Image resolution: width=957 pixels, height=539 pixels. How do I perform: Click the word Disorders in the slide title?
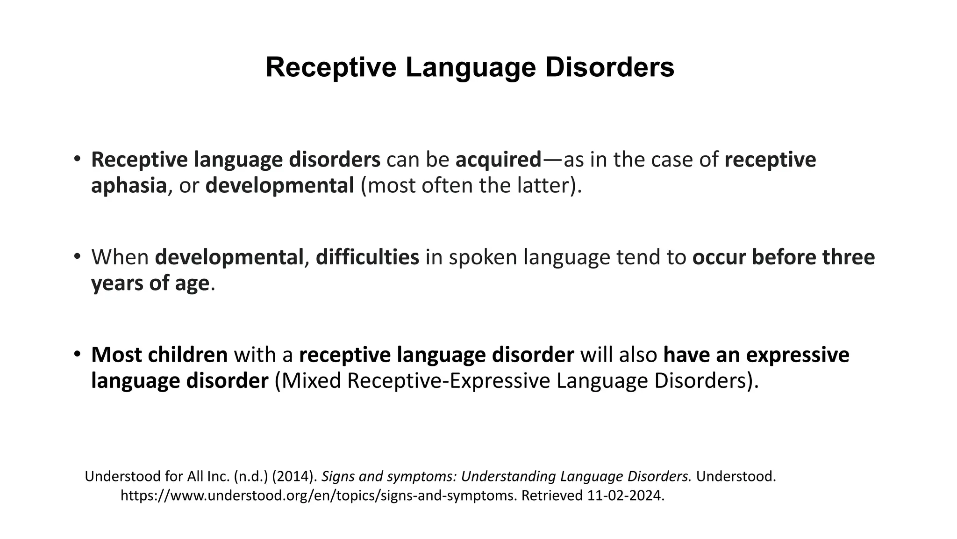click(609, 67)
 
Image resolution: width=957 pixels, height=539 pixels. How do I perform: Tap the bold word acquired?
click(498, 160)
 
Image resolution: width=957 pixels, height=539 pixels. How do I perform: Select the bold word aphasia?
click(129, 186)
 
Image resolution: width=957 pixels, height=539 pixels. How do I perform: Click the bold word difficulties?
click(367, 258)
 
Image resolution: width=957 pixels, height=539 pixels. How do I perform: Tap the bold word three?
click(848, 258)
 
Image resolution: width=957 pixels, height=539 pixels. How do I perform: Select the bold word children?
click(187, 355)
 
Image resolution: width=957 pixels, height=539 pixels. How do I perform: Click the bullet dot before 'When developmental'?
click(77, 256)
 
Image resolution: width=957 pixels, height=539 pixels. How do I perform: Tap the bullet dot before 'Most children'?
click(77, 354)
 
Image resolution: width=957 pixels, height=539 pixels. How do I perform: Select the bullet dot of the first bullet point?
click(77, 159)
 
